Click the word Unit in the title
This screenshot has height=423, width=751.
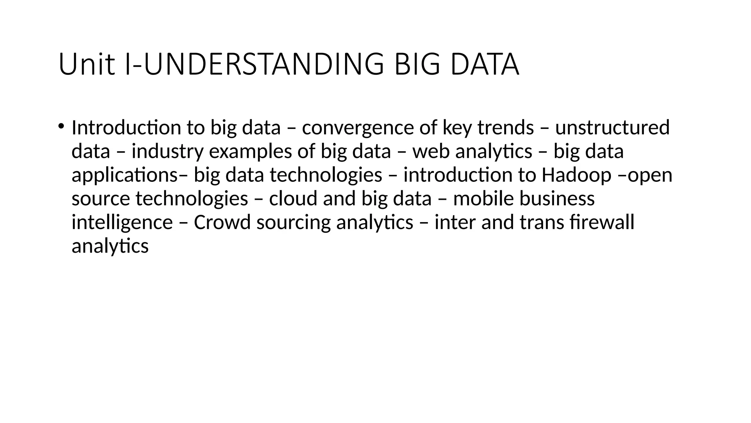pyautogui.click(x=86, y=65)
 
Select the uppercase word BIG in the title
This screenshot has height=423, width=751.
pyautogui.click(x=417, y=65)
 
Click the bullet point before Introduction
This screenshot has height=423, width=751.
pyautogui.click(x=61, y=126)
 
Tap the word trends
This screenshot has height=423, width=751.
pyautogui.click(x=505, y=128)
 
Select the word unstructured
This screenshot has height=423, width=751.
pyautogui.click(x=612, y=128)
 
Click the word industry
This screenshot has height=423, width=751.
pyautogui.click(x=167, y=152)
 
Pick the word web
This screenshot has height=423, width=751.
pyautogui.click(x=431, y=151)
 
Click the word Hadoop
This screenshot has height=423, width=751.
pyautogui.click(x=576, y=175)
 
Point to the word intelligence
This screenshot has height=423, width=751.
pyautogui.click(x=122, y=223)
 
